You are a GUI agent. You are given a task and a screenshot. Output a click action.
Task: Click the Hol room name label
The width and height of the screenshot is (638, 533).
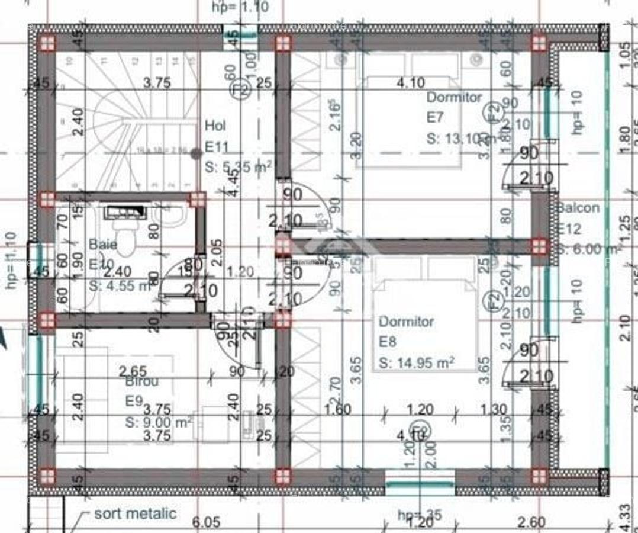click(215, 126)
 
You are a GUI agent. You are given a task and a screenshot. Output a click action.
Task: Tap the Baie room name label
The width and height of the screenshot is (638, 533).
click(103, 244)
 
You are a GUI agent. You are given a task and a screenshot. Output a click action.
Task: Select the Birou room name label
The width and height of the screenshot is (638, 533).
click(142, 381)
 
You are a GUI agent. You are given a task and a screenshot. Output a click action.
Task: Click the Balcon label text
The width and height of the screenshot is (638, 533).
click(578, 208)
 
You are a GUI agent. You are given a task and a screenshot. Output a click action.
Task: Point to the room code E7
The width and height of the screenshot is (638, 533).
click(435, 118)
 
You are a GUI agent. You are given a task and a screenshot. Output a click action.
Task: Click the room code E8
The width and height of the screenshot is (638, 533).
click(388, 342)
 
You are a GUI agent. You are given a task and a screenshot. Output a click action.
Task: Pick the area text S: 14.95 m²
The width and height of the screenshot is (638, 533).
click(416, 362)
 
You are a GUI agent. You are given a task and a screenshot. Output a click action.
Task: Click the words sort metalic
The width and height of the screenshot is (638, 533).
click(135, 513)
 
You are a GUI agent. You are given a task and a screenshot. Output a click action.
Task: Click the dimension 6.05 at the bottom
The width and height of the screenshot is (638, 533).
click(207, 522)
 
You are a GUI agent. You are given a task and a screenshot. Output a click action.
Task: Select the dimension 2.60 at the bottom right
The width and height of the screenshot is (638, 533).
click(531, 522)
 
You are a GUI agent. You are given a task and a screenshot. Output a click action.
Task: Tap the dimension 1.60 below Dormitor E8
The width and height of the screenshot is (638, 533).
click(338, 409)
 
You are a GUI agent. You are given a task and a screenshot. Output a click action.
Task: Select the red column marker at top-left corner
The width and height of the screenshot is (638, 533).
click(47, 43)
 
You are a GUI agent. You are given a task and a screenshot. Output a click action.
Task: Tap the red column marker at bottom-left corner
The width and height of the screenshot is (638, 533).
click(47, 476)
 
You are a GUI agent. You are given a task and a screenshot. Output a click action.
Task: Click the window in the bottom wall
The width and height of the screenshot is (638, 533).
click(420, 484)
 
